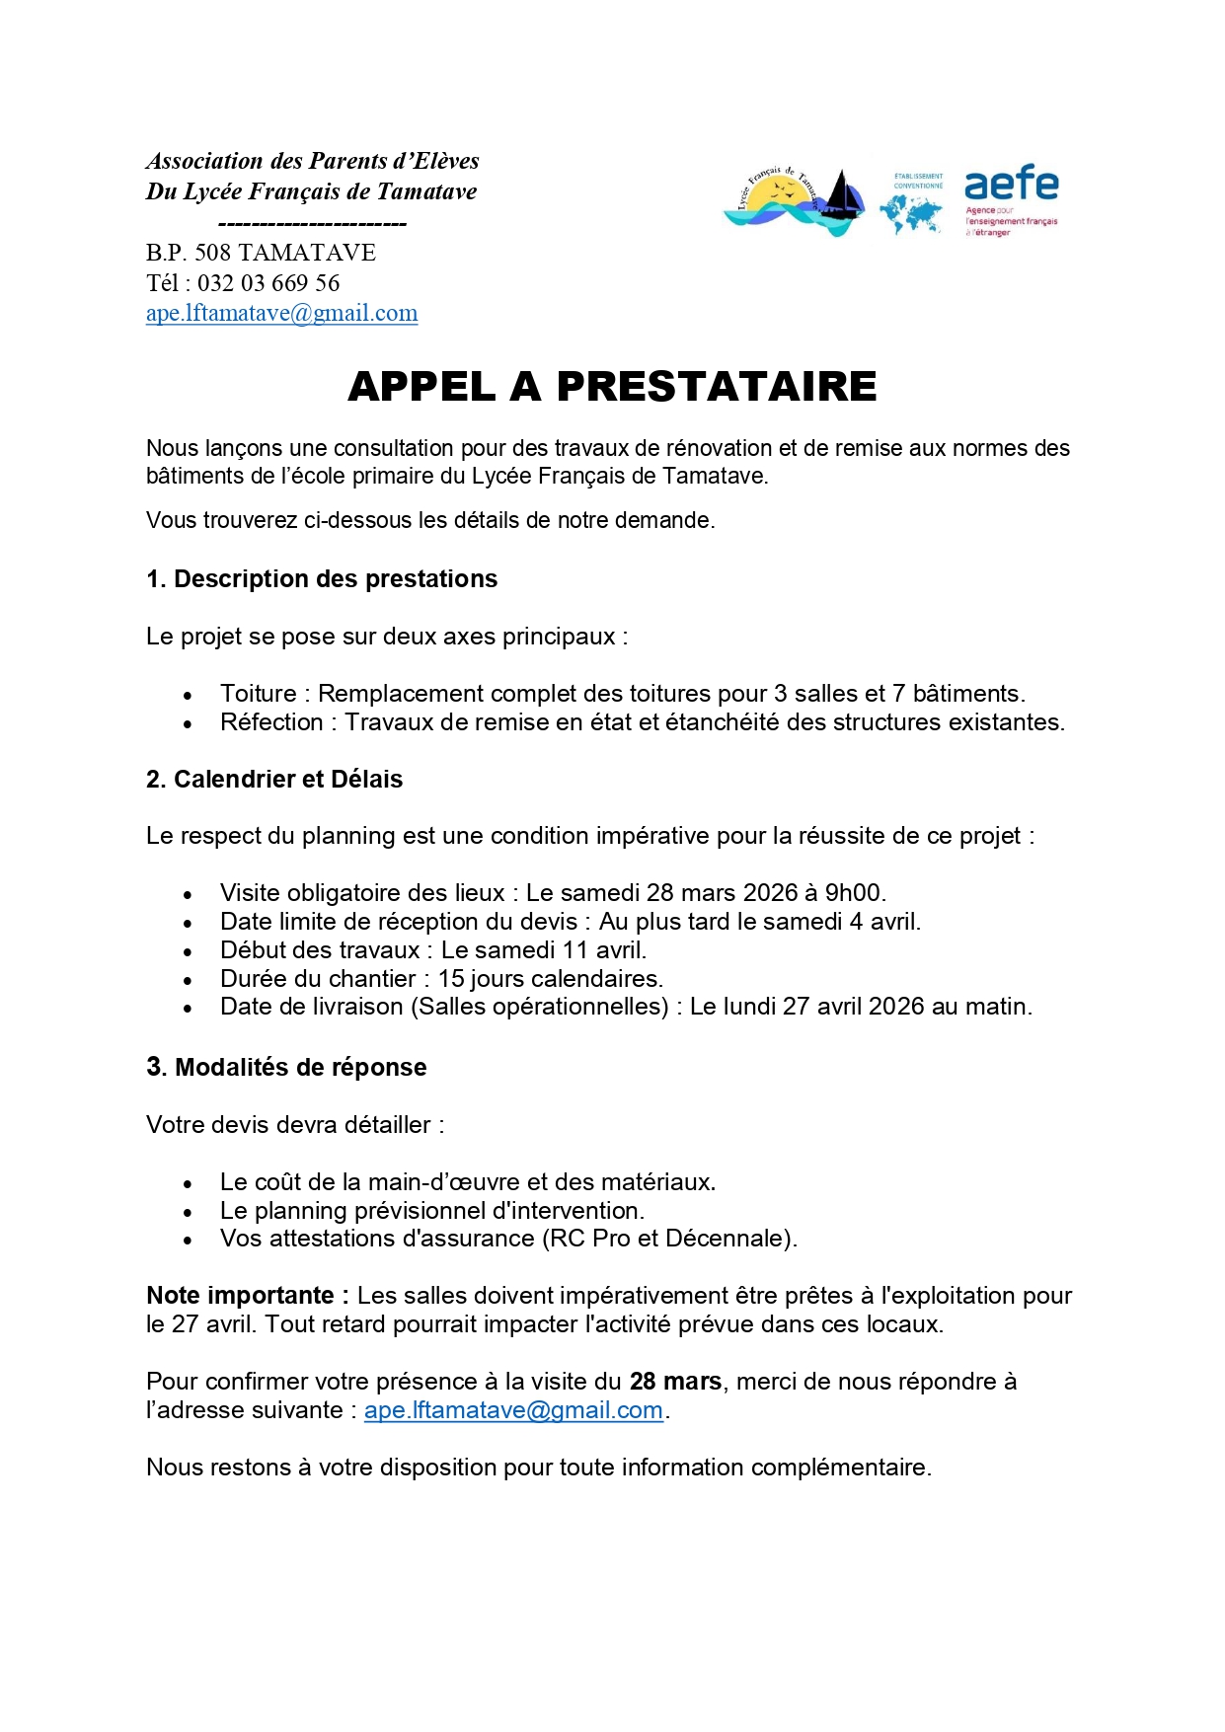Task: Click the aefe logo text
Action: (x=1011, y=184)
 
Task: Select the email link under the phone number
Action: (x=281, y=313)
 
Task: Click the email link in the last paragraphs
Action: (x=513, y=1410)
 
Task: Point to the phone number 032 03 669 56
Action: (x=268, y=283)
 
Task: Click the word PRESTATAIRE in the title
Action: (x=717, y=387)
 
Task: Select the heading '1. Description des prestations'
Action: (x=322, y=579)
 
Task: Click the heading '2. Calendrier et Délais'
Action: (x=274, y=780)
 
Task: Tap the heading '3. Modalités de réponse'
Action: (x=286, y=1068)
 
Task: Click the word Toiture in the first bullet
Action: (x=258, y=694)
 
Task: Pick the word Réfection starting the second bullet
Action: (x=271, y=722)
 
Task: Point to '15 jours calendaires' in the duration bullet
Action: (x=550, y=979)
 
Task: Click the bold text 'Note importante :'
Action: (x=248, y=1296)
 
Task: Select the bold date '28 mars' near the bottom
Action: (x=675, y=1382)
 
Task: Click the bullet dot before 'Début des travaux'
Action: (x=188, y=952)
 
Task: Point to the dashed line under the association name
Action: (x=312, y=223)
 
